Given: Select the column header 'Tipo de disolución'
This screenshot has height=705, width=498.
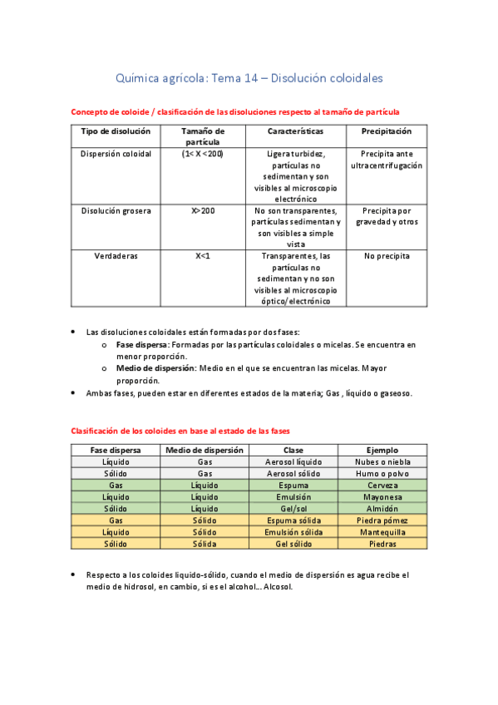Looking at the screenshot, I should coord(116,131).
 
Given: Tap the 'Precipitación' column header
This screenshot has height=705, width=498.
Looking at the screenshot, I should coord(387,131).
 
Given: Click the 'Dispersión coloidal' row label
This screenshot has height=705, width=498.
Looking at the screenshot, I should coord(116,154).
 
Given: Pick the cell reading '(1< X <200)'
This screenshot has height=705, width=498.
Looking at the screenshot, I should coord(202,154).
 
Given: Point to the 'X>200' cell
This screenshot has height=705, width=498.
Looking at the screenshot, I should coord(202,211).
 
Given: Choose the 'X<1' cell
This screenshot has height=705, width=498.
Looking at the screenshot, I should coord(202,256).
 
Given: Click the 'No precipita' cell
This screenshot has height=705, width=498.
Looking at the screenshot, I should coord(387,256).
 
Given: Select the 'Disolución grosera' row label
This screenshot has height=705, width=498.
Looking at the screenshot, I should coord(116,211).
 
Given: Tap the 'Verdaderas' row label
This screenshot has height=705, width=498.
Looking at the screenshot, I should coord(116,256).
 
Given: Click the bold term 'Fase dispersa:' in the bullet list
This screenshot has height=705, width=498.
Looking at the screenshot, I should coord(142,344).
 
